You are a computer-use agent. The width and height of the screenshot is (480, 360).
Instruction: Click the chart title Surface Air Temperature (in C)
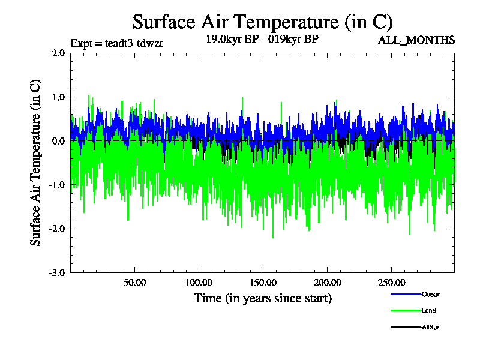pyautogui.click(x=262, y=22)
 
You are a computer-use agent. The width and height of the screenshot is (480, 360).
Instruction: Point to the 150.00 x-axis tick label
pyautogui.click(x=262, y=283)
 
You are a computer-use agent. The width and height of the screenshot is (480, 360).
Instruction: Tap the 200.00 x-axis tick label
pyautogui.click(x=326, y=283)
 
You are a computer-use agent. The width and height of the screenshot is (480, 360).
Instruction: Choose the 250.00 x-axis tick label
pyautogui.click(x=390, y=283)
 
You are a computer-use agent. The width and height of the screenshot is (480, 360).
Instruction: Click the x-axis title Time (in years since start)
pyautogui.click(x=262, y=298)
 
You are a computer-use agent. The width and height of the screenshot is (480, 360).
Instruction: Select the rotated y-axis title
pyautogui.click(x=36, y=163)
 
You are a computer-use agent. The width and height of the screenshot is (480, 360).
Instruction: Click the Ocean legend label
pyautogui.click(x=431, y=294)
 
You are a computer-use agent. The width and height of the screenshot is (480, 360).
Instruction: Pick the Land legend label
pyautogui.click(x=428, y=311)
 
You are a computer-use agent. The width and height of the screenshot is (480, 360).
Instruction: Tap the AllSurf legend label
pyautogui.click(x=432, y=327)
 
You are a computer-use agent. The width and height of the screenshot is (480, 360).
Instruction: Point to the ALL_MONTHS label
pyautogui.click(x=416, y=40)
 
